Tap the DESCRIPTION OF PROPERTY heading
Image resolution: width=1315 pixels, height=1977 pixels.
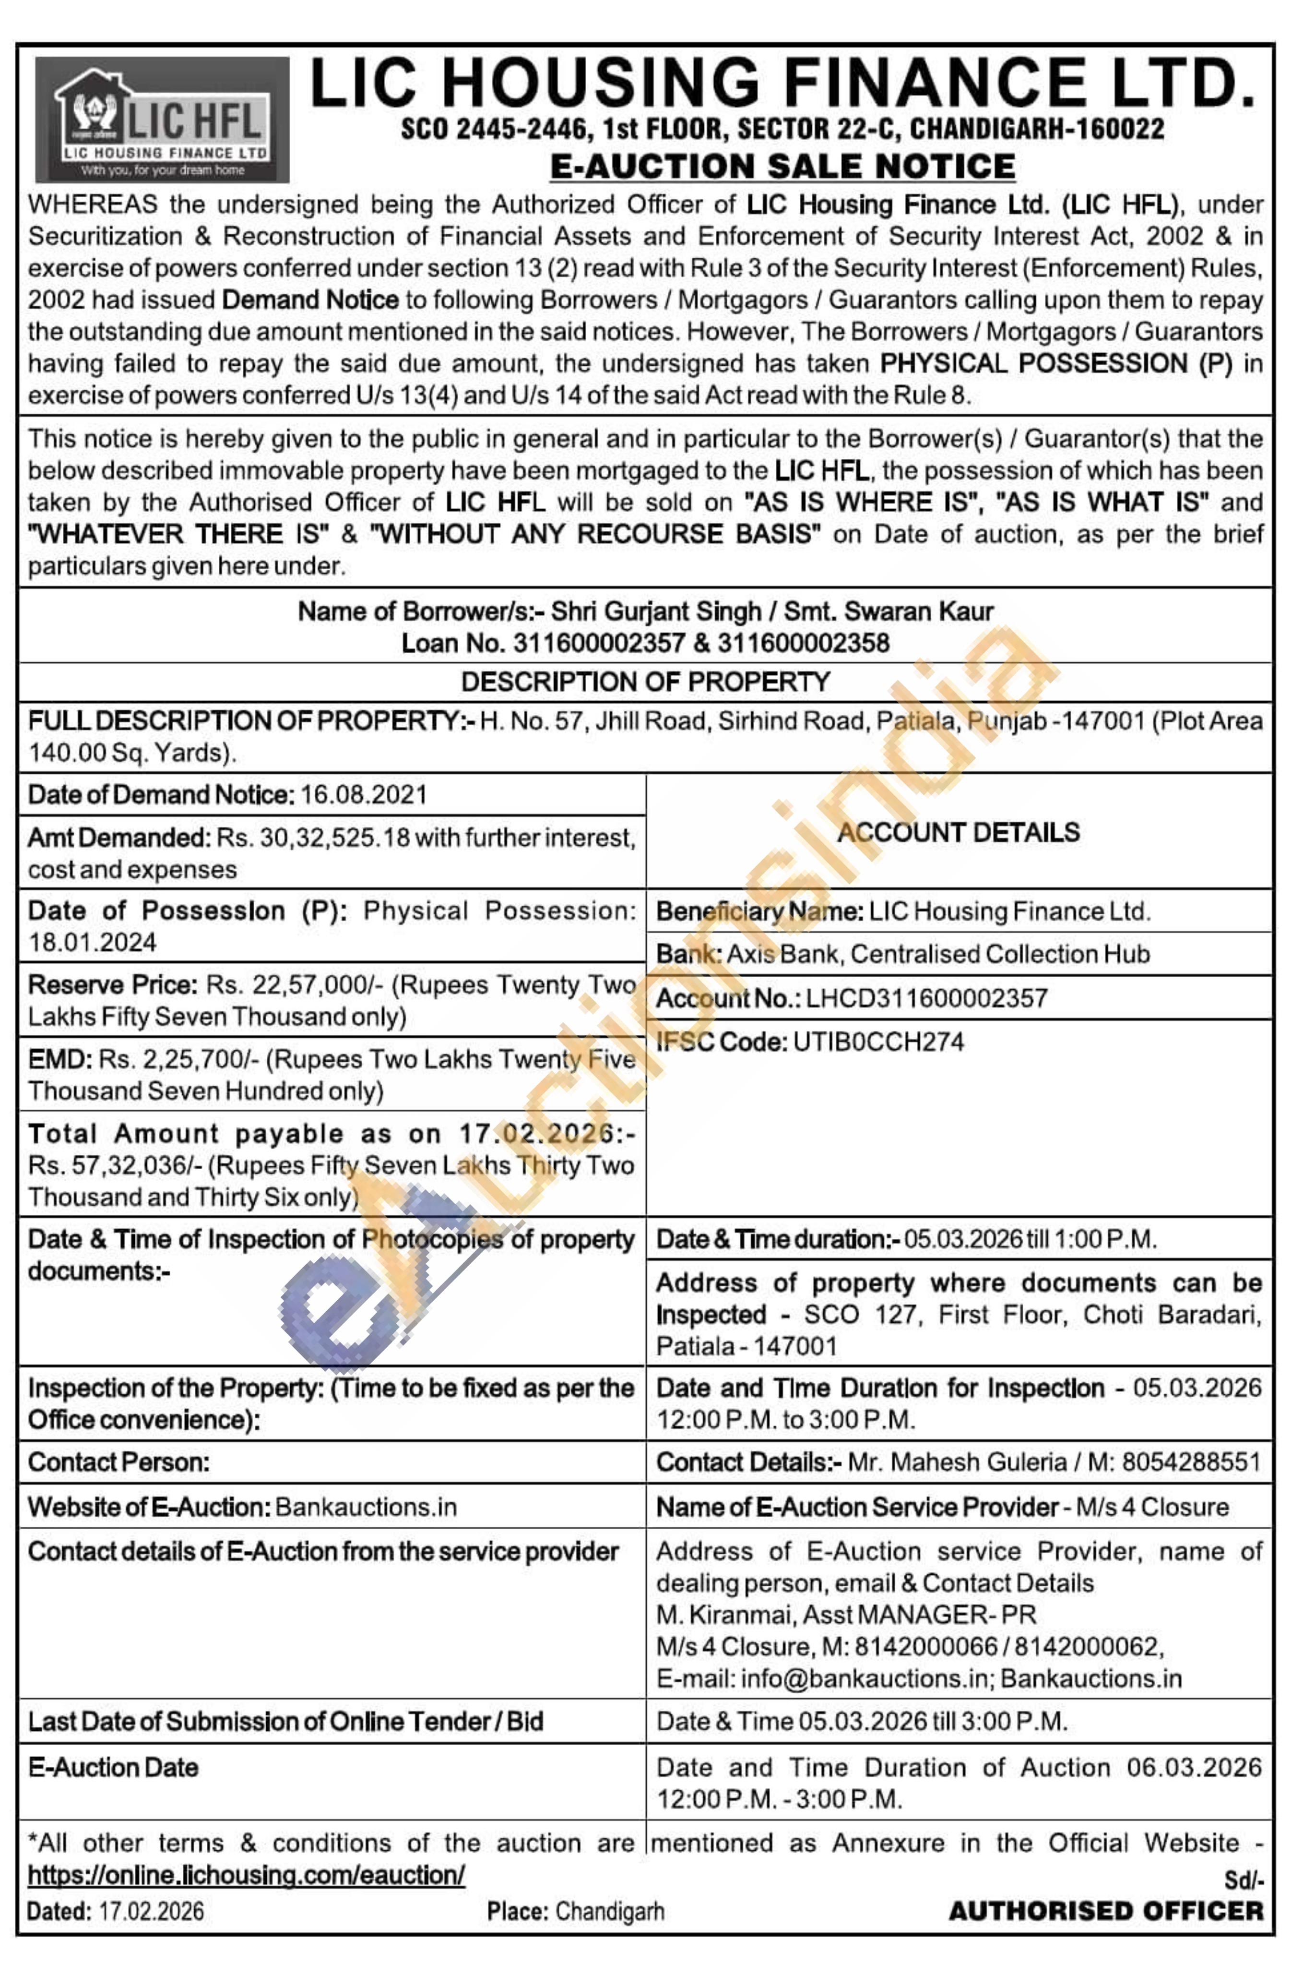click(x=645, y=682)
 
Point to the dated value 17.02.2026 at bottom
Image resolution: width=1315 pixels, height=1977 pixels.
click(x=151, y=1912)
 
